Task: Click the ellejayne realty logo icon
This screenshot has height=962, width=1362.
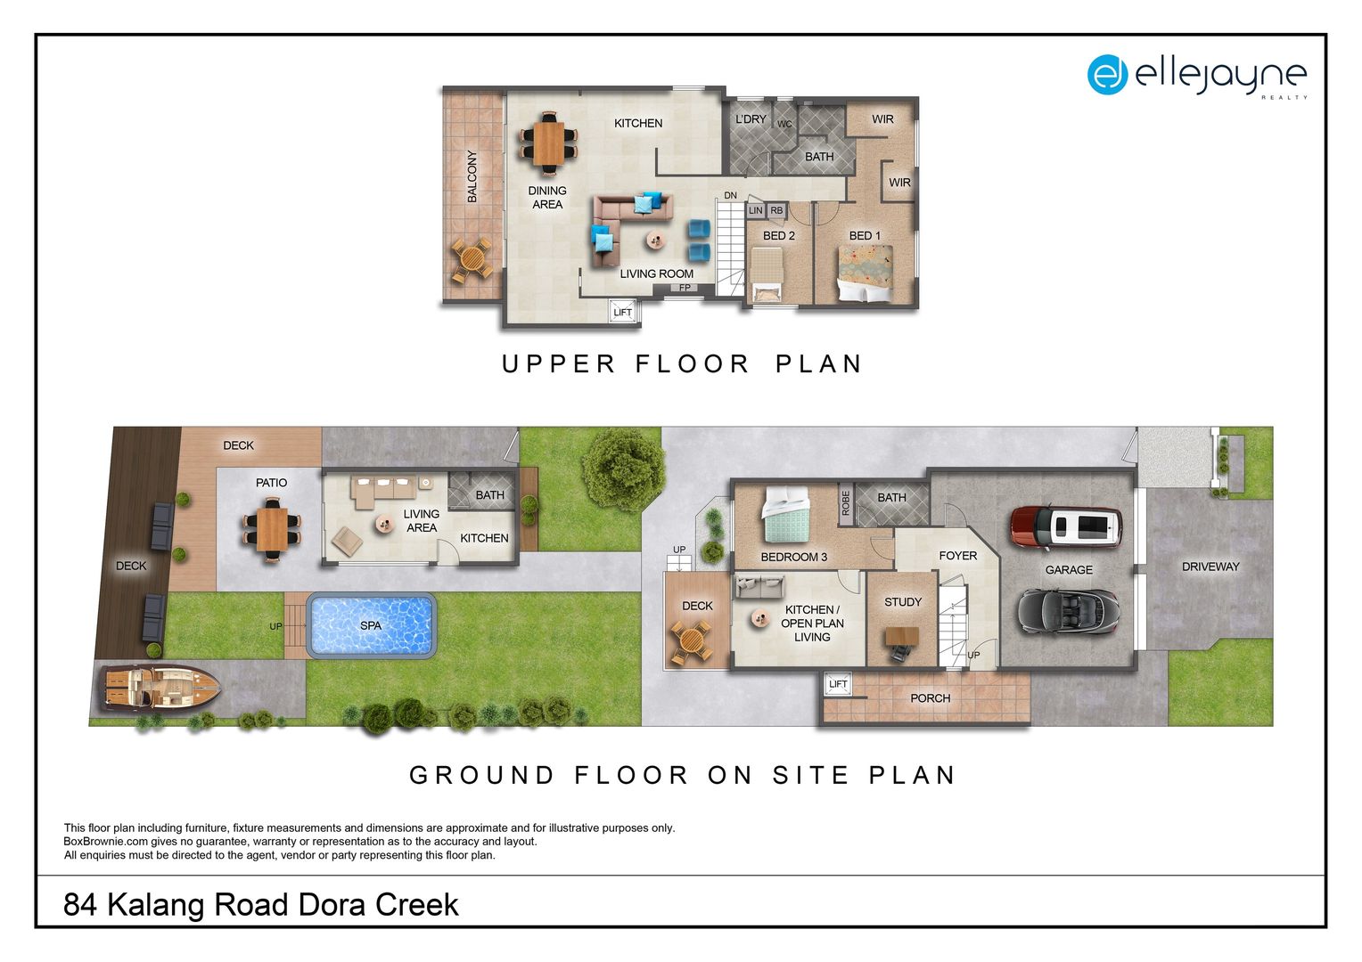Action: [1107, 75]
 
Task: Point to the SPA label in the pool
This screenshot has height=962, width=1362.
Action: [371, 625]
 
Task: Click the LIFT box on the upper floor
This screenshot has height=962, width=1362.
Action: [622, 312]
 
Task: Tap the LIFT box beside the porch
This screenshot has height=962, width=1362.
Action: [838, 684]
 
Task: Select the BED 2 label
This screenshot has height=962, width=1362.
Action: [778, 235]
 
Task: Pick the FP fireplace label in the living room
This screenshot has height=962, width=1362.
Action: [685, 288]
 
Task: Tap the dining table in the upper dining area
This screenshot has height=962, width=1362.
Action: [548, 143]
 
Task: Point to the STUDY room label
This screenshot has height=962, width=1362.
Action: [902, 602]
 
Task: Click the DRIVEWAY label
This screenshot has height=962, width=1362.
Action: [1210, 567]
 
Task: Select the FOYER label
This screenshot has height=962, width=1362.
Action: [957, 556]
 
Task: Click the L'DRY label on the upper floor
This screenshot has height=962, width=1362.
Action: [750, 119]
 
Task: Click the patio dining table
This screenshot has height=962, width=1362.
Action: [271, 529]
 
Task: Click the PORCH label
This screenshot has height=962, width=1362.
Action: [930, 698]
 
